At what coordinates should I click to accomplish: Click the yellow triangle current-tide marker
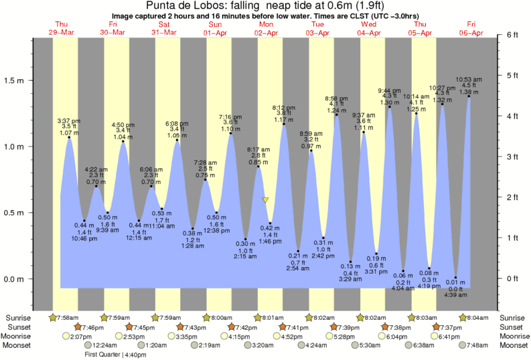265,200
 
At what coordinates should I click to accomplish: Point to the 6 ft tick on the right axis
513,34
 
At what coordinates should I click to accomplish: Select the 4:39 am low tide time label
455,296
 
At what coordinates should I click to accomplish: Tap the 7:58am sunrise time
62,317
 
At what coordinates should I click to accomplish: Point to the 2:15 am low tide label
246,257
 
